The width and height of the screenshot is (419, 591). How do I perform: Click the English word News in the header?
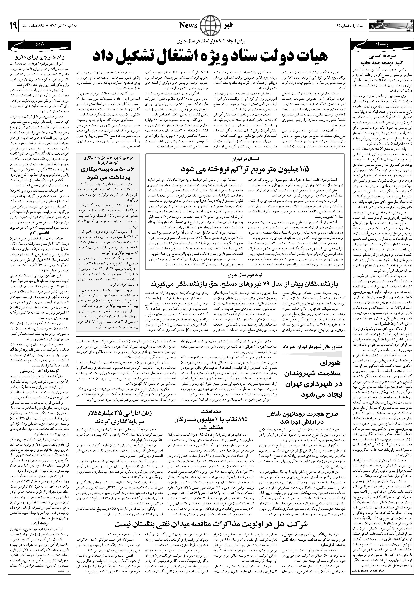(x=188, y=25)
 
